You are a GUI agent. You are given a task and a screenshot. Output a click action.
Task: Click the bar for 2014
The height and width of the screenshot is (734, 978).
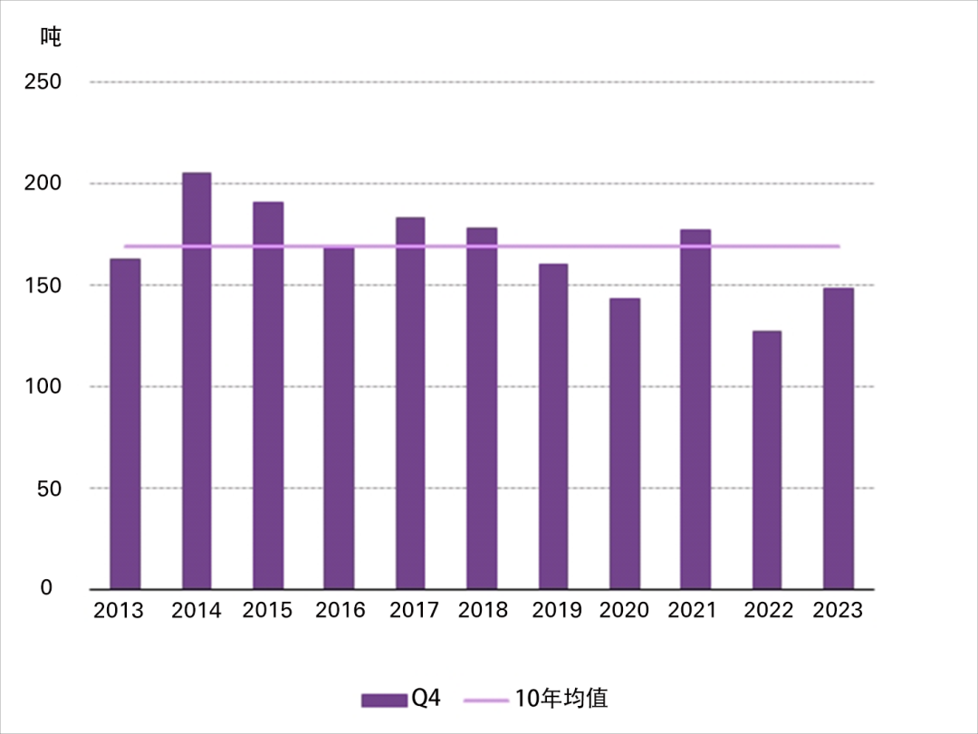(x=197, y=380)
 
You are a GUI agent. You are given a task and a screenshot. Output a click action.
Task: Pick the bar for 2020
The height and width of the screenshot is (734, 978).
(x=625, y=443)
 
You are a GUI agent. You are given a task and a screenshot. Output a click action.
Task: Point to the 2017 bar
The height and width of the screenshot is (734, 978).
(x=410, y=403)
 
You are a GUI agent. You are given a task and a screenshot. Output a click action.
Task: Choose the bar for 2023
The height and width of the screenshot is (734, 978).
(x=838, y=438)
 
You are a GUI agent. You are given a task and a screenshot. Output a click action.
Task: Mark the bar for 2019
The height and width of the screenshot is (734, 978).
(x=553, y=426)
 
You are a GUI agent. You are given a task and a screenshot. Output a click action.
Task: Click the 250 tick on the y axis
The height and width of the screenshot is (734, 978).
(x=44, y=82)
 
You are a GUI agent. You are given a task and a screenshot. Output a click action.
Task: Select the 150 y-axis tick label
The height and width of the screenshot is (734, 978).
(x=44, y=285)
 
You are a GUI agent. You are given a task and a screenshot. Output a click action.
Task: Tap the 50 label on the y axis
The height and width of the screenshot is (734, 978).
(x=50, y=489)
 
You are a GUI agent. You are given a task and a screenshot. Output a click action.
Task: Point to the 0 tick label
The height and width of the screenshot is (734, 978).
(x=46, y=588)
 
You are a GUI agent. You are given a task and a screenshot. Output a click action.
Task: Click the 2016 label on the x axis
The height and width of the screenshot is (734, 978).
(x=340, y=611)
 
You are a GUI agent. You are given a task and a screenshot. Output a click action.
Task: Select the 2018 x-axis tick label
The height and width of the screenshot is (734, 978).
(x=484, y=611)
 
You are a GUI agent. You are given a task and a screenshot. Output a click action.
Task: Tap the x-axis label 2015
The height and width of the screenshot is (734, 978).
(x=268, y=611)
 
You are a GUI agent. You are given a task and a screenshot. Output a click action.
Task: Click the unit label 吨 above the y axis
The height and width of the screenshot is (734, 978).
(x=51, y=37)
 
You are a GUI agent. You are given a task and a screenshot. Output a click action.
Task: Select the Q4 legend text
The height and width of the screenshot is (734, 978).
(x=426, y=699)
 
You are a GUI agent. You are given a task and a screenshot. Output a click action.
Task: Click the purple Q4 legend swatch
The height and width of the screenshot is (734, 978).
(x=384, y=700)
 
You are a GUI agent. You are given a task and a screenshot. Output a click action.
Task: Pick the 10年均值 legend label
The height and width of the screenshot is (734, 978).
(x=561, y=699)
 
